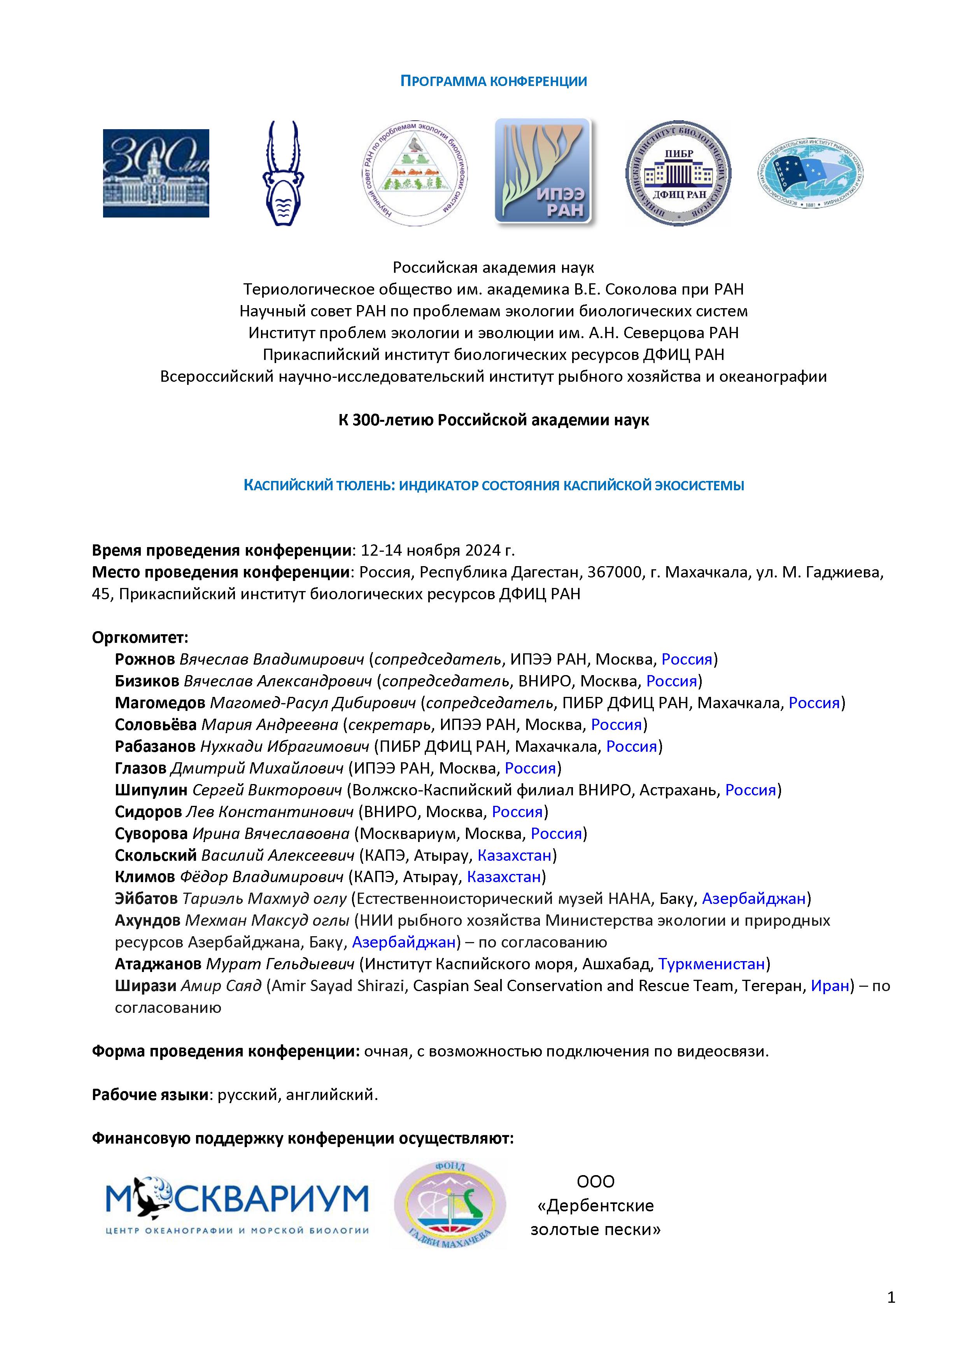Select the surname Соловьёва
click(156, 725)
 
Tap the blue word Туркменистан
click(711, 964)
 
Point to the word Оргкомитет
click(140, 637)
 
